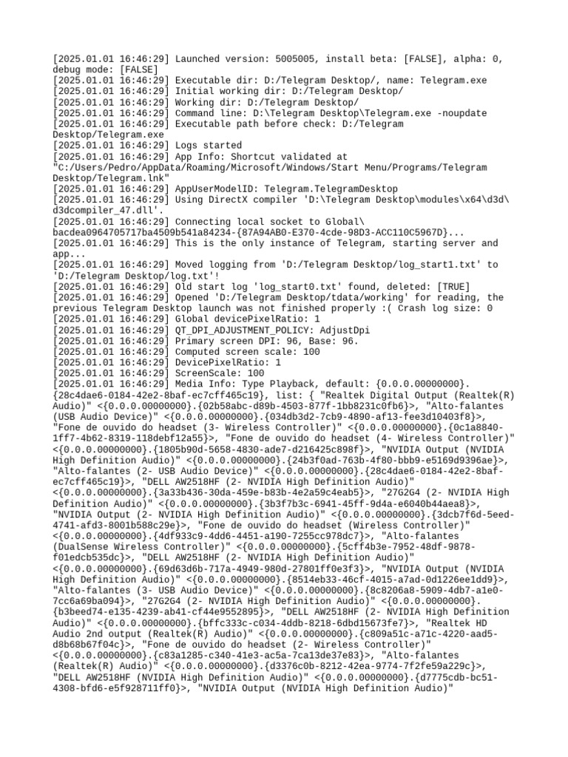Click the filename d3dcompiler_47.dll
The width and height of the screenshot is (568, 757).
point(97,211)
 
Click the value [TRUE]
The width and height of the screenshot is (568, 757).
point(453,287)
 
